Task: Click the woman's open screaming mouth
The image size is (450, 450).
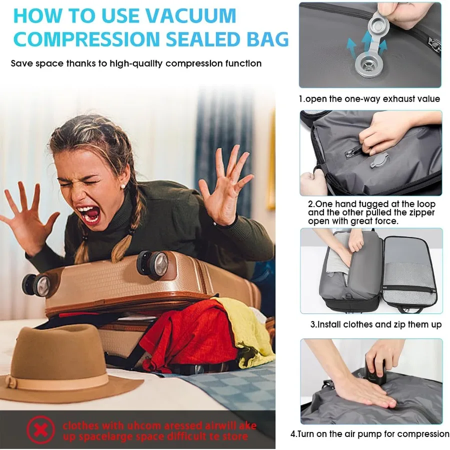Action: point(91,215)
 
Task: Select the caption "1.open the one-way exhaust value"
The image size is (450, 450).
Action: point(369,99)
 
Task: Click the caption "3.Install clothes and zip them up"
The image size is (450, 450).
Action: point(375,324)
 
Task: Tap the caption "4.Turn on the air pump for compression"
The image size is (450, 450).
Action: point(369,433)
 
